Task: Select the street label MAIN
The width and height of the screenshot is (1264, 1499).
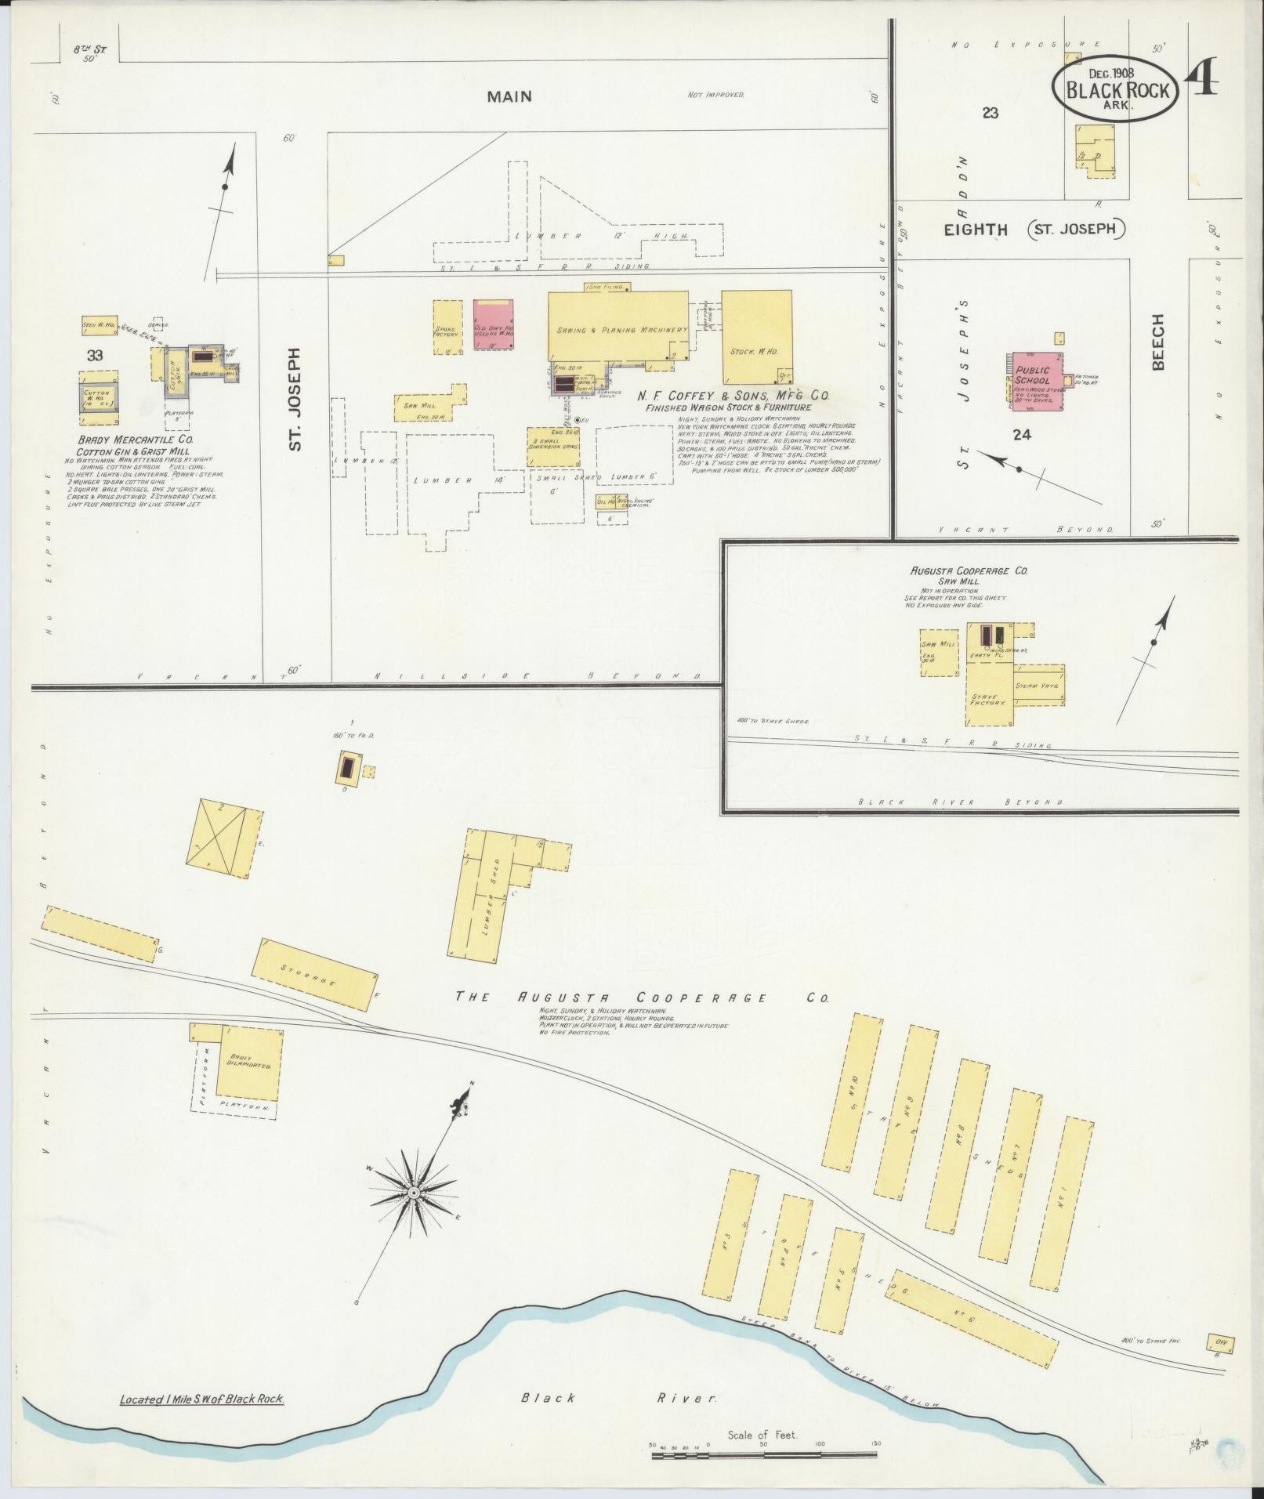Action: [509, 96]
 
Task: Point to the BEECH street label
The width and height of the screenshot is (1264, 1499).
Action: [1158, 342]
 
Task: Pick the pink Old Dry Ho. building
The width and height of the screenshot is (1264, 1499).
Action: [494, 324]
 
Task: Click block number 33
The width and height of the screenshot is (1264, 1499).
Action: [95, 355]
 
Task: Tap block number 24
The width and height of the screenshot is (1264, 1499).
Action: [1021, 435]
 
